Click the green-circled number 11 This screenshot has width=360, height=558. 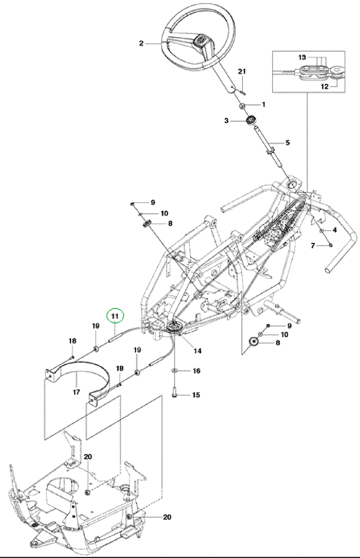click(115, 316)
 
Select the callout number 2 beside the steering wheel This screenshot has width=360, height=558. click(141, 43)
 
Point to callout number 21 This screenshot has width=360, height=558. click(242, 71)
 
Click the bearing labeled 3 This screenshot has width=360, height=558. click(251, 120)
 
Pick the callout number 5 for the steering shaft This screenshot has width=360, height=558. click(287, 143)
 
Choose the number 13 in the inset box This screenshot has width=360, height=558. click(302, 57)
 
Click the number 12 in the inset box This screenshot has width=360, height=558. click(325, 86)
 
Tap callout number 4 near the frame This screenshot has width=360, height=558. click(335, 230)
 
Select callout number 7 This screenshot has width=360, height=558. click(313, 246)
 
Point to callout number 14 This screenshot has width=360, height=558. click(197, 351)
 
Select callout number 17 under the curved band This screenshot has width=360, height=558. click(76, 392)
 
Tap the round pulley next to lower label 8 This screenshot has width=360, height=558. click(253, 341)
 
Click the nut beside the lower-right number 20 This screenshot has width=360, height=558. click(129, 517)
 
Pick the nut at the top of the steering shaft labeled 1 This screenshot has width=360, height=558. click(242, 105)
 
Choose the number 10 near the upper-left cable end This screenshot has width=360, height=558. click(165, 213)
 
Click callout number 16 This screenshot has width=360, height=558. click(197, 371)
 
